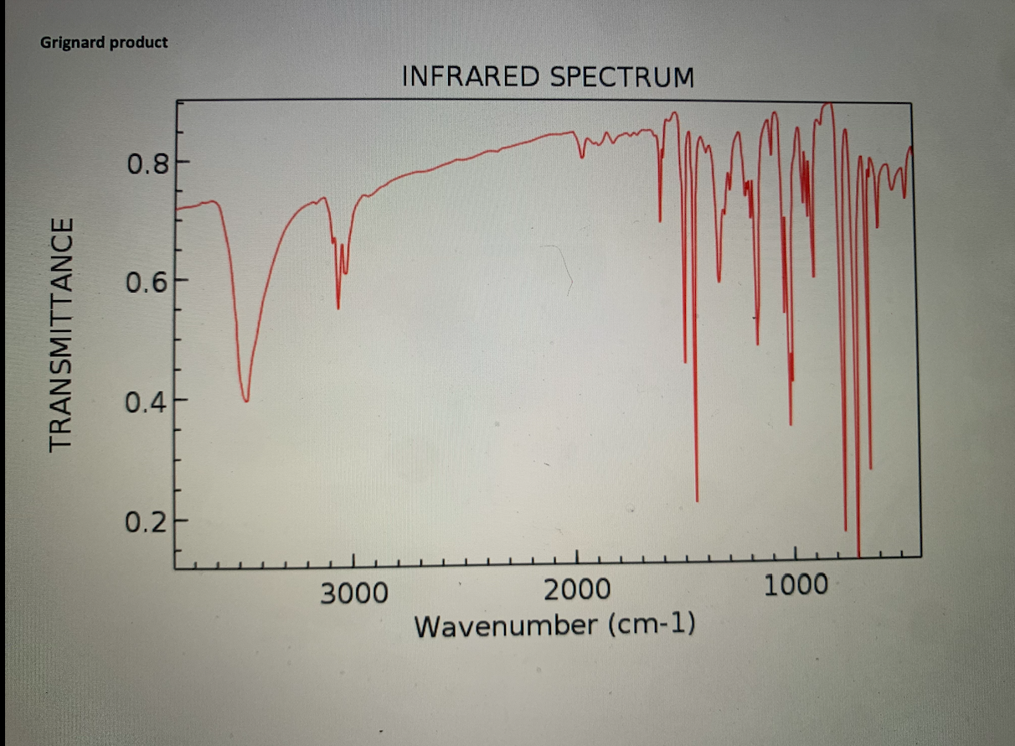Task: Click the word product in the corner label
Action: click(137, 42)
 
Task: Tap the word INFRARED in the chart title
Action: click(471, 77)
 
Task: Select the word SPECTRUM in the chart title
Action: click(622, 77)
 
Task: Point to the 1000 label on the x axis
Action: click(796, 585)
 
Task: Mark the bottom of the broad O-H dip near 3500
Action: click(246, 400)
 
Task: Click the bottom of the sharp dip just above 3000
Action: click(338, 308)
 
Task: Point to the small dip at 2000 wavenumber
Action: click(582, 156)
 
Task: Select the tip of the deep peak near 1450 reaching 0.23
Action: click(697, 500)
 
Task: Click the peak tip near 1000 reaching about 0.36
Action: click(791, 423)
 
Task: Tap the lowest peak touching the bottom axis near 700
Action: click(858, 554)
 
